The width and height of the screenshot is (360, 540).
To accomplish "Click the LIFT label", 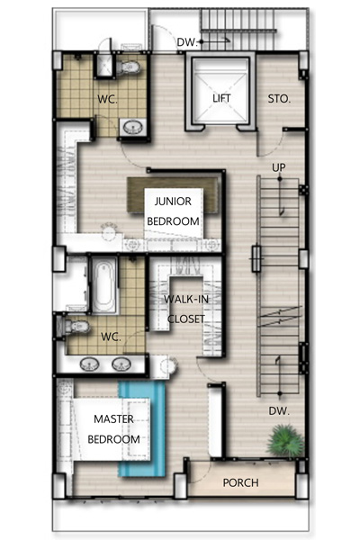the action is click(221, 98).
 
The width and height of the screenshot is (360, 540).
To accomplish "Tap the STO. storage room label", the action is click(279, 99).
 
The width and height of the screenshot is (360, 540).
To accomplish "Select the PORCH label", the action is click(240, 482).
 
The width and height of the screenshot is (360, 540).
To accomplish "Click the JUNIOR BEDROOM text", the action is click(173, 211).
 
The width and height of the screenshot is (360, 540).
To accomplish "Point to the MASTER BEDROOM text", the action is click(113, 429).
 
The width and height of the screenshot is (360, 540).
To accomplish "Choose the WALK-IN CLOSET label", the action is click(186, 309).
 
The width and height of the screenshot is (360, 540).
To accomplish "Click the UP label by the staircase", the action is click(279, 167).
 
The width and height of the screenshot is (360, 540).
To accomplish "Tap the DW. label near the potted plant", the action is click(279, 411).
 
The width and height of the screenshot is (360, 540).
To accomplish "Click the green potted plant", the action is click(285, 441).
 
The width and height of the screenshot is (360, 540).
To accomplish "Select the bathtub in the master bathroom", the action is click(104, 286).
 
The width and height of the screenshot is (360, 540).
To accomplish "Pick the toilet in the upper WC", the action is click(128, 67).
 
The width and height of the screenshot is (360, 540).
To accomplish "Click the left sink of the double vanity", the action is click(90, 364).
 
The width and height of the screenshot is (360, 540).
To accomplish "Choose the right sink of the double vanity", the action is click(121, 364).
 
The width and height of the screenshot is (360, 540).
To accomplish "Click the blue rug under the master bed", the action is click(142, 428).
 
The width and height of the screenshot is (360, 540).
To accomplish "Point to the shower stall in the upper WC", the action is click(104, 65).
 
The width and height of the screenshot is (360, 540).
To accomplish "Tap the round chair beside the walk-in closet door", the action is click(169, 365).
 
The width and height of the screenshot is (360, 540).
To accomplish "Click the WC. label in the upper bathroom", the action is click(107, 99).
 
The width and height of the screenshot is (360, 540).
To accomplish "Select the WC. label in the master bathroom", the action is click(111, 337).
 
